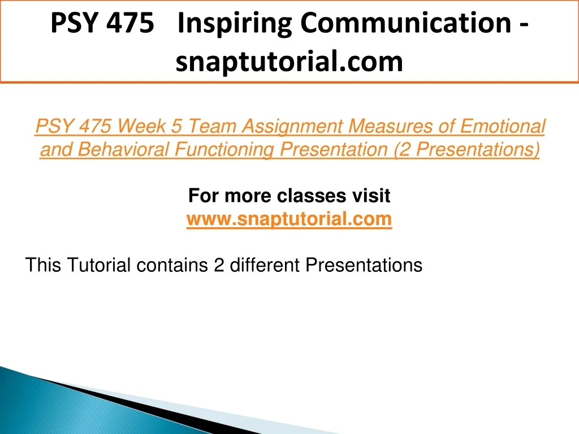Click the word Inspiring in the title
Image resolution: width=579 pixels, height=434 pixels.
tap(235, 24)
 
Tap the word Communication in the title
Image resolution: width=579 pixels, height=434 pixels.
tap(406, 23)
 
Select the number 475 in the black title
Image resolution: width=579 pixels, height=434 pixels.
tap(130, 23)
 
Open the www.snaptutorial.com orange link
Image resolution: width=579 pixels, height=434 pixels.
tap(289, 220)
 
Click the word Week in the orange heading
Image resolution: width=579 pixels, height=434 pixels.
tap(141, 126)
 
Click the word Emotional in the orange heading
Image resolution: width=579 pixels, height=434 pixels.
tap(503, 126)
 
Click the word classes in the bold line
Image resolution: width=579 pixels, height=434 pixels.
tap(312, 196)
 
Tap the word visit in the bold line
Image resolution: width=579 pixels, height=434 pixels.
tap(371, 196)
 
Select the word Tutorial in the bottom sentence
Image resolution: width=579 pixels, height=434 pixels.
tap(98, 265)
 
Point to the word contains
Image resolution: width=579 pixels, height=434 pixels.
tap(172, 265)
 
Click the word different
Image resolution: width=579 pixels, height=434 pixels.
tap(265, 265)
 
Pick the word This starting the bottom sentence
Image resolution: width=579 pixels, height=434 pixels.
tap(43, 265)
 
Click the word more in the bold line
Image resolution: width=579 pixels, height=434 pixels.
tap(248, 196)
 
